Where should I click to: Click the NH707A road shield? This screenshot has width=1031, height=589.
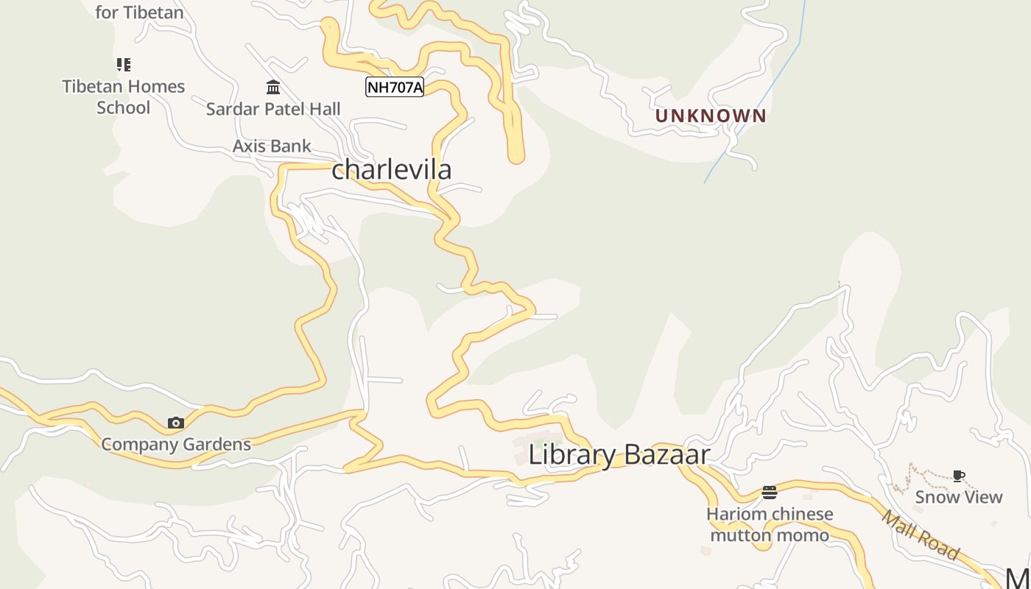click(x=395, y=88)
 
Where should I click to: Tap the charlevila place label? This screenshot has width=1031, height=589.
click(x=391, y=169)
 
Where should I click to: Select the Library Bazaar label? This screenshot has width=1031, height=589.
click(x=619, y=454)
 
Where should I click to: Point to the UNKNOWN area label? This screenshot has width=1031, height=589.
click(x=711, y=116)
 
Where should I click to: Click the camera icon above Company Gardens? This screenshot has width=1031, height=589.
click(x=175, y=423)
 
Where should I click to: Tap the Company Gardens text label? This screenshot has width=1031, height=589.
click(x=176, y=444)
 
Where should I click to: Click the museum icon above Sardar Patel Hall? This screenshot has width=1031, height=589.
click(x=273, y=88)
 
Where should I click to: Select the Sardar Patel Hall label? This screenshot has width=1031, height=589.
click(x=273, y=109)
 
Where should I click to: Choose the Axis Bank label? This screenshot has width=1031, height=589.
click(x=272, y=146)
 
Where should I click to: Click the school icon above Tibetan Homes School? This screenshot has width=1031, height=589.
click(x=124, y=65)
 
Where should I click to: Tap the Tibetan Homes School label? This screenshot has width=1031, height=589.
click(x=124, y=96)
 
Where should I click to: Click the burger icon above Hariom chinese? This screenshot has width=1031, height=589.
click(x=770, y=492)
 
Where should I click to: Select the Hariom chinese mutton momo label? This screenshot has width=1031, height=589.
click(x=770, y=524)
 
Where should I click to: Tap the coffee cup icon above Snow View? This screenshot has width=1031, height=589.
click(x=958, y=476)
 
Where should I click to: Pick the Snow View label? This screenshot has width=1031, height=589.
click(x=958, y=497)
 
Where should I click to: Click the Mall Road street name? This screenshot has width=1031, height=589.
click(x=921, y=535)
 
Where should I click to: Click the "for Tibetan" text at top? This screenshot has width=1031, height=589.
click(x=139, y=12)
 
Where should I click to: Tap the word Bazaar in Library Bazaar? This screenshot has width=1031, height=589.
click(x=666, y=454)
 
